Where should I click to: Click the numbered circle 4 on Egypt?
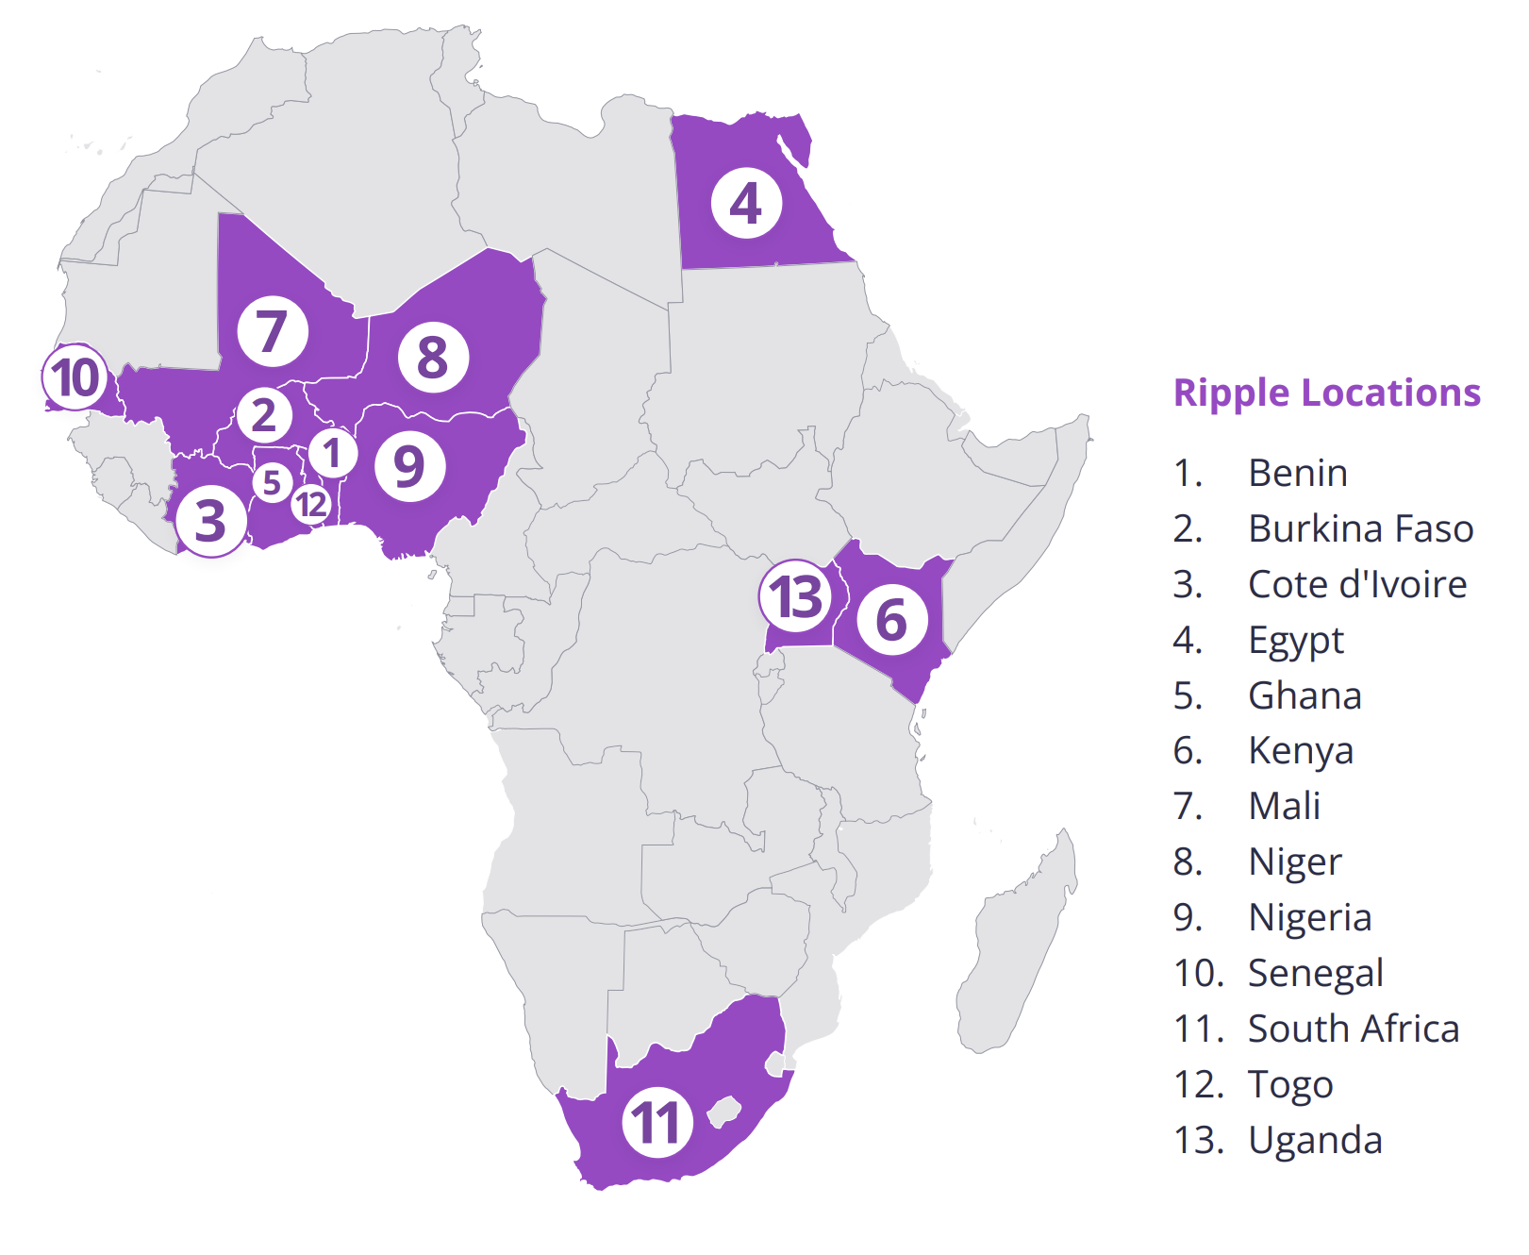pyautogui.click(x=746, y=204)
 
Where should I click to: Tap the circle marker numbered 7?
pyautogui.click(x=273, y=331)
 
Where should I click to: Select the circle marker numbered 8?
pyautogui.click(x=433, y=357)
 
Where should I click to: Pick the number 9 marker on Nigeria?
pyautogui.click(x=409, y=466)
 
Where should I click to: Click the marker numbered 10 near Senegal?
pyautogui.click(x=75, y=377)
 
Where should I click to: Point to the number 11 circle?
pyautogui.click(x=657, y=1123)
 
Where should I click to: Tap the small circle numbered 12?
pyautogui.click(x=310, y=505)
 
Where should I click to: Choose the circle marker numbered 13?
pyautogui.click(x=796, y=596)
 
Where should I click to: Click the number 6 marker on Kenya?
pyautogui.click(x=891, y=620)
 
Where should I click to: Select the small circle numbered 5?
pyautogui.click(x=272, y=482)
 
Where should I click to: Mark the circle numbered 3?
pyautogui.click(x=210, y=521)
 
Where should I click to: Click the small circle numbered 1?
pyautogui.click(x=332, y=454)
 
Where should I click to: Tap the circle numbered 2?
pyautogui.click(x=264, y=415)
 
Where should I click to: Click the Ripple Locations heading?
pyautogui.click(x=1326, y=393)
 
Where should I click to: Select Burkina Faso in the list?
pyautogui.click(x=1360, y=528)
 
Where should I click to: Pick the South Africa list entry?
pyautogui.click(x=1353, y=1029)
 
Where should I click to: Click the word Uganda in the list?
pyautogui.click(x=1315, y=1140)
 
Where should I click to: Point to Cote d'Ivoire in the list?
pyautogui.click(x=1356, y=584)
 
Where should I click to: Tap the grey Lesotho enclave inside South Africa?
pyautogui.click(x=724, y=1111)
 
